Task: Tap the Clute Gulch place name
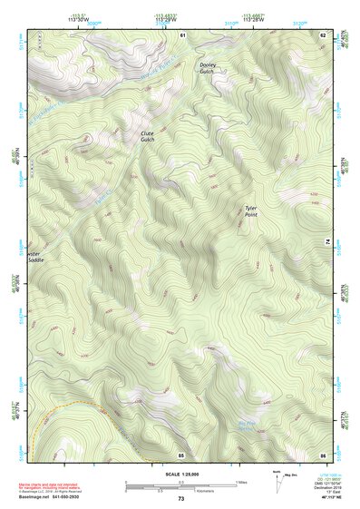coord(147,135)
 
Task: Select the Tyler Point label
coord(251,211)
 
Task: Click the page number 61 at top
coord(182,34)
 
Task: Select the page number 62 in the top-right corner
coord(323,34)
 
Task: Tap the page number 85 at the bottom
coord(181,454)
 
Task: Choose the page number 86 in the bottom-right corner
coord(322,454)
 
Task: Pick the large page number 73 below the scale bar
coord(180,499)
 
